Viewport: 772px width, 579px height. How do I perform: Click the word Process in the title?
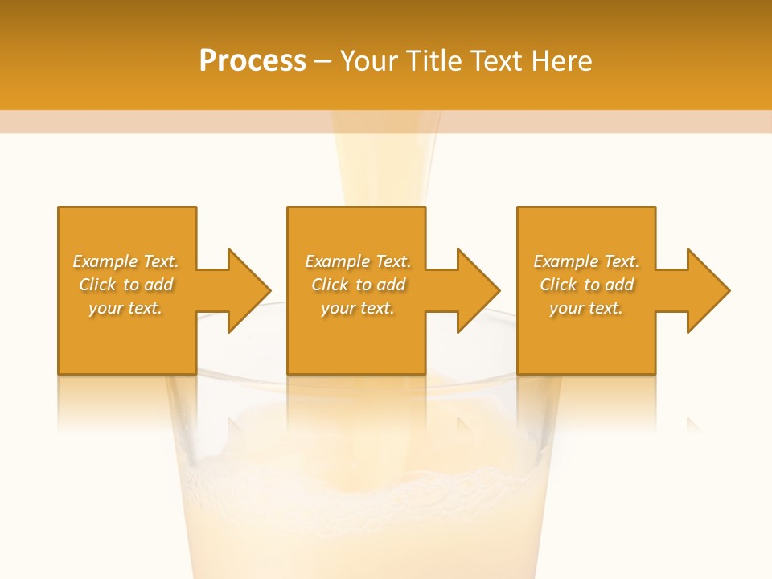point(253,61)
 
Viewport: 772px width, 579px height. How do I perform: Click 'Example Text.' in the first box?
point(125,261)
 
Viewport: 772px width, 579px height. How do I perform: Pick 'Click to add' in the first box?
point(125,285)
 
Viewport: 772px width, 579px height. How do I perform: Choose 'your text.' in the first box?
point(125,308)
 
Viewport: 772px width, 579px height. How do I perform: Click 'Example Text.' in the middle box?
point(358,261)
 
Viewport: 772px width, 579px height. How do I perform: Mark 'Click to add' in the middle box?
point(358,285)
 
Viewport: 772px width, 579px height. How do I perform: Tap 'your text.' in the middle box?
point(358,308)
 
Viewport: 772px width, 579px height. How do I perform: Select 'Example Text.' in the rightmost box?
point(586,261)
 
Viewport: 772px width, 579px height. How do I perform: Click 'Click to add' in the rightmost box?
point(586,285)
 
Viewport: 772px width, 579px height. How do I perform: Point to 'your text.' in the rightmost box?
point(586,308)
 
